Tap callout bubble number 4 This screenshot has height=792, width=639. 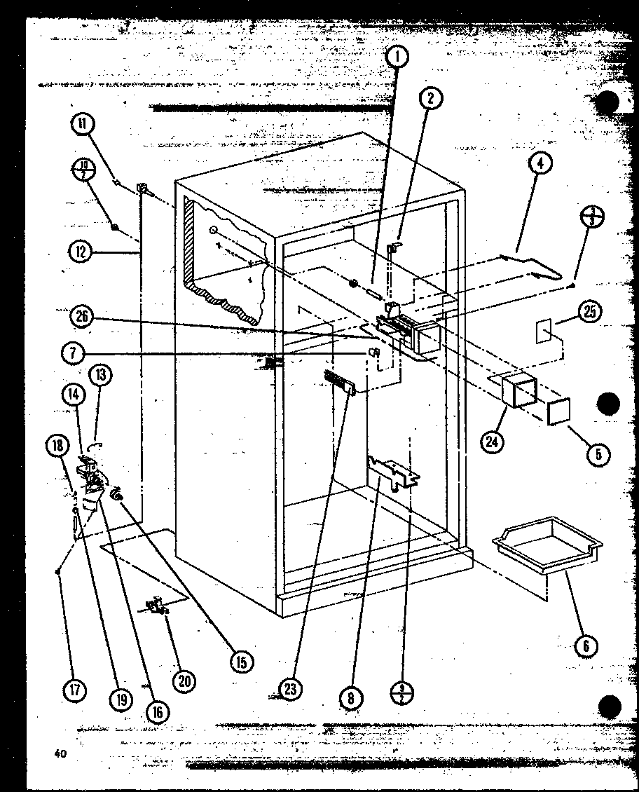(x=540, y=165)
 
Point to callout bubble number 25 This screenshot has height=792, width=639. (x=589, y=313)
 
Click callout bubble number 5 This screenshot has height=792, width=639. (x=598, y=453)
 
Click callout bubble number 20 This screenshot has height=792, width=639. (x=186, y=679)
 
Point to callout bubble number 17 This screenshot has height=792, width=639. (x=75, y=689)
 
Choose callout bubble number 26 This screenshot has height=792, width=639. (x=83, y=316)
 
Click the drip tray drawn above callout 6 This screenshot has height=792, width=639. (x=547, y=542)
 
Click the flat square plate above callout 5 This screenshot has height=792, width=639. (x=559, y=411)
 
